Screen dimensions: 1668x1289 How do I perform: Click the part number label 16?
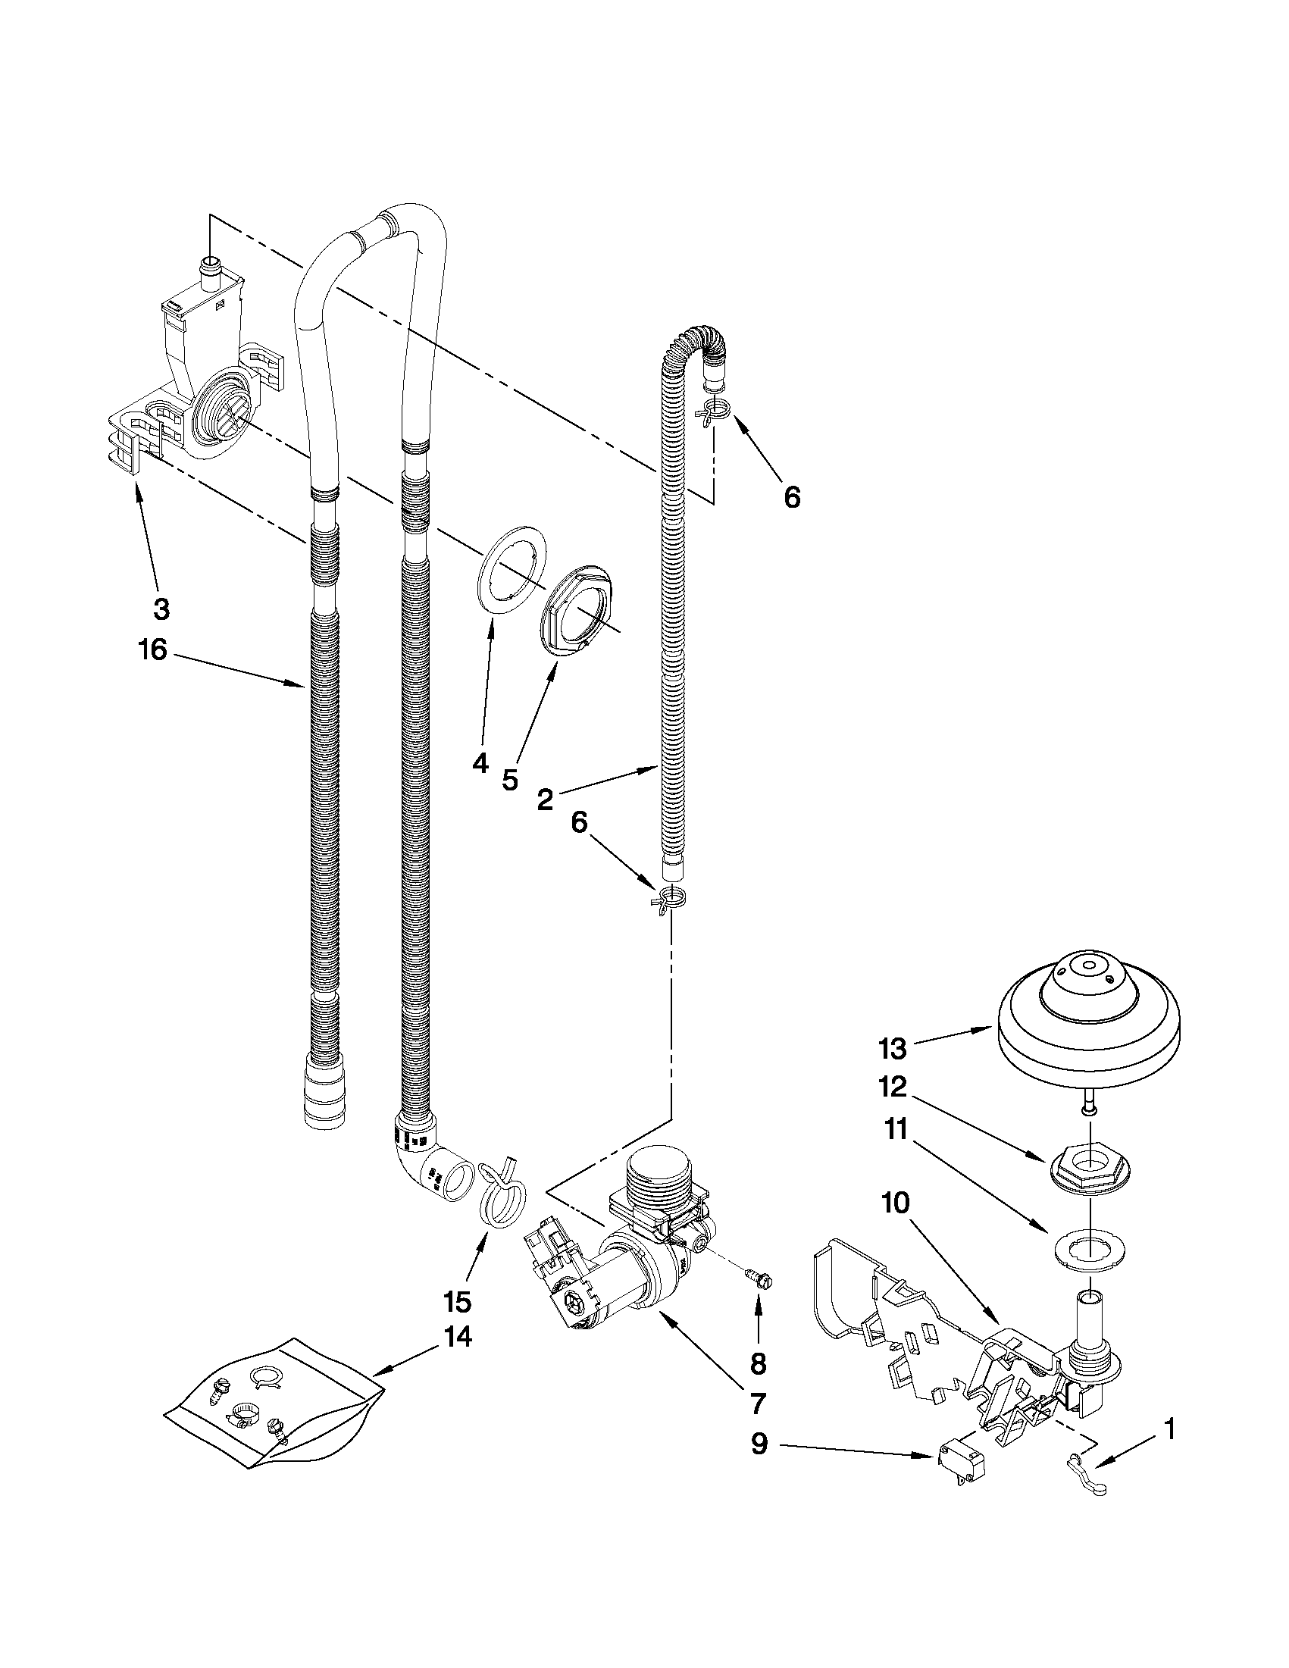click(152, 651)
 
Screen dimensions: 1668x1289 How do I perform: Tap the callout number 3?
click(161, 609)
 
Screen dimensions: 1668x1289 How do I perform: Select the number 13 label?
click(892, 1049)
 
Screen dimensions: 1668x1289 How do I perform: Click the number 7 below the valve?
click(758, 1403)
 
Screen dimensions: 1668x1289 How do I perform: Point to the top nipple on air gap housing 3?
click(210, 270)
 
